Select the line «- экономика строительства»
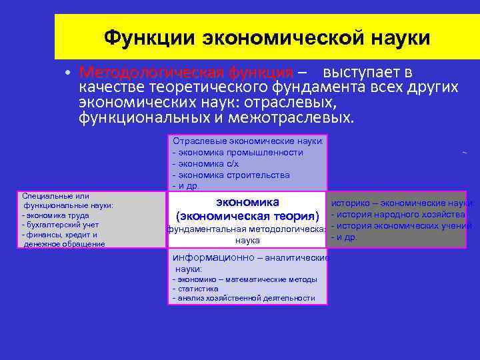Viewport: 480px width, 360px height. [231, 175]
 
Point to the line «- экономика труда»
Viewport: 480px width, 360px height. [55, 215]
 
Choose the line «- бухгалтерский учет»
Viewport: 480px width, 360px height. [60, 225]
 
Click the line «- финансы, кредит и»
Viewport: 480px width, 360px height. [59, 235]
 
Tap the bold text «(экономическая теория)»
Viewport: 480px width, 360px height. [248, 216]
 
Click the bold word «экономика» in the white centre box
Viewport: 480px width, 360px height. [248, 202]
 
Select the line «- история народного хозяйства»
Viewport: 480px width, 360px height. [398, 214]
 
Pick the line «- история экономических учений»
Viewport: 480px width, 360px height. [401, 225]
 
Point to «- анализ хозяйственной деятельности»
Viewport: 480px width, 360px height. [243, 299]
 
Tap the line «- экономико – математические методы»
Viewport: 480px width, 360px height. [245, 280]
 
